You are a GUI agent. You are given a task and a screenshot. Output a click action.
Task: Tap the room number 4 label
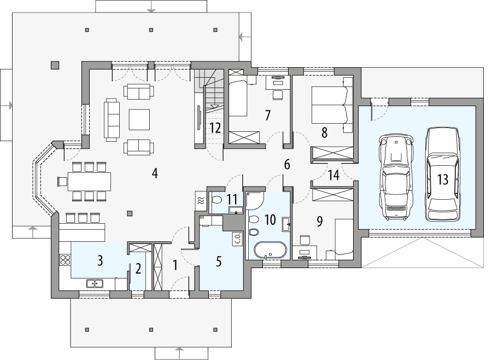tap(155, 173)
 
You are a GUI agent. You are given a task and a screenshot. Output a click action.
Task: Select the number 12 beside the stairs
tap(214, 128)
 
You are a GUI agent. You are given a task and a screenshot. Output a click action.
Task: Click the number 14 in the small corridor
tap(333, 175)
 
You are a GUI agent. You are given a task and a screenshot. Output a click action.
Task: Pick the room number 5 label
tap(219, 261)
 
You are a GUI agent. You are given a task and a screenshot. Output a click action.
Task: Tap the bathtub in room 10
tap(268, 250)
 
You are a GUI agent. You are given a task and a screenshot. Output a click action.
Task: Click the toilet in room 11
tap(217, 200)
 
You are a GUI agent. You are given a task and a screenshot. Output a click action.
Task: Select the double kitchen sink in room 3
tap(95, 283)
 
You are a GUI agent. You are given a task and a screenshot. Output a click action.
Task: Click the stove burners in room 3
tap(65, 260)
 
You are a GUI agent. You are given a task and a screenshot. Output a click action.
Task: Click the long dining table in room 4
tap(90, 180)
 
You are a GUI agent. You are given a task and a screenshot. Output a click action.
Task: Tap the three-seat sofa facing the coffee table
tap(112, 119)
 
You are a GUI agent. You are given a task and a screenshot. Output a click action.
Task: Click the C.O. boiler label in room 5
tap(238, 238)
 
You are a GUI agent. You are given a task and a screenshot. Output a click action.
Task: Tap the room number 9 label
tap(320, 222)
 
